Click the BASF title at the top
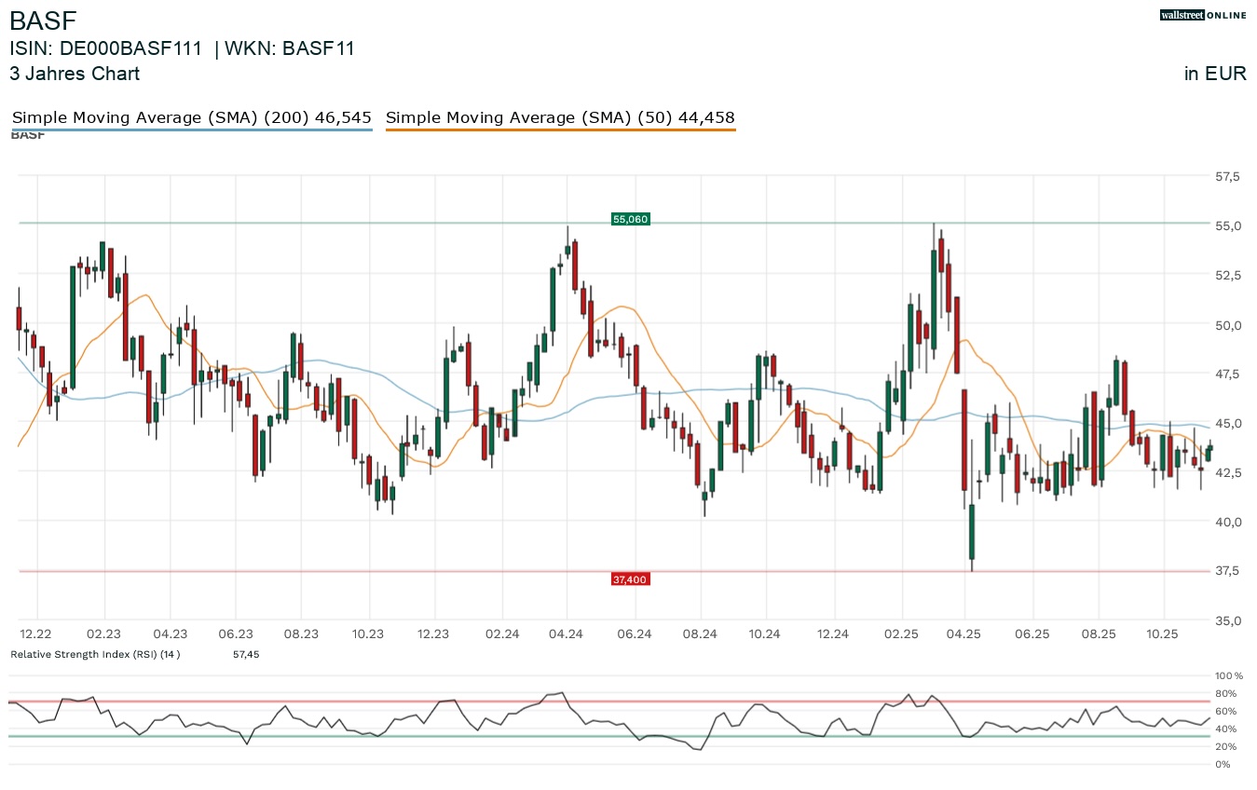coord(43,20)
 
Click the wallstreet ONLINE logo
coord(1203,15)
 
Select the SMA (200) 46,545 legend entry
coord(191,117)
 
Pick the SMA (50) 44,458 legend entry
coord(560,117)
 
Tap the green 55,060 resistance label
coord(630,219)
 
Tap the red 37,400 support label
coord(630,579)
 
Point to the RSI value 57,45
coord(246,655)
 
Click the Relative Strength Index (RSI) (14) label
coord(95,655)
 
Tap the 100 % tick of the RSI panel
coord(1228,675)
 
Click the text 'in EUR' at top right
coord(1215,75)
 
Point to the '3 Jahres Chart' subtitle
coord(75,74)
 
